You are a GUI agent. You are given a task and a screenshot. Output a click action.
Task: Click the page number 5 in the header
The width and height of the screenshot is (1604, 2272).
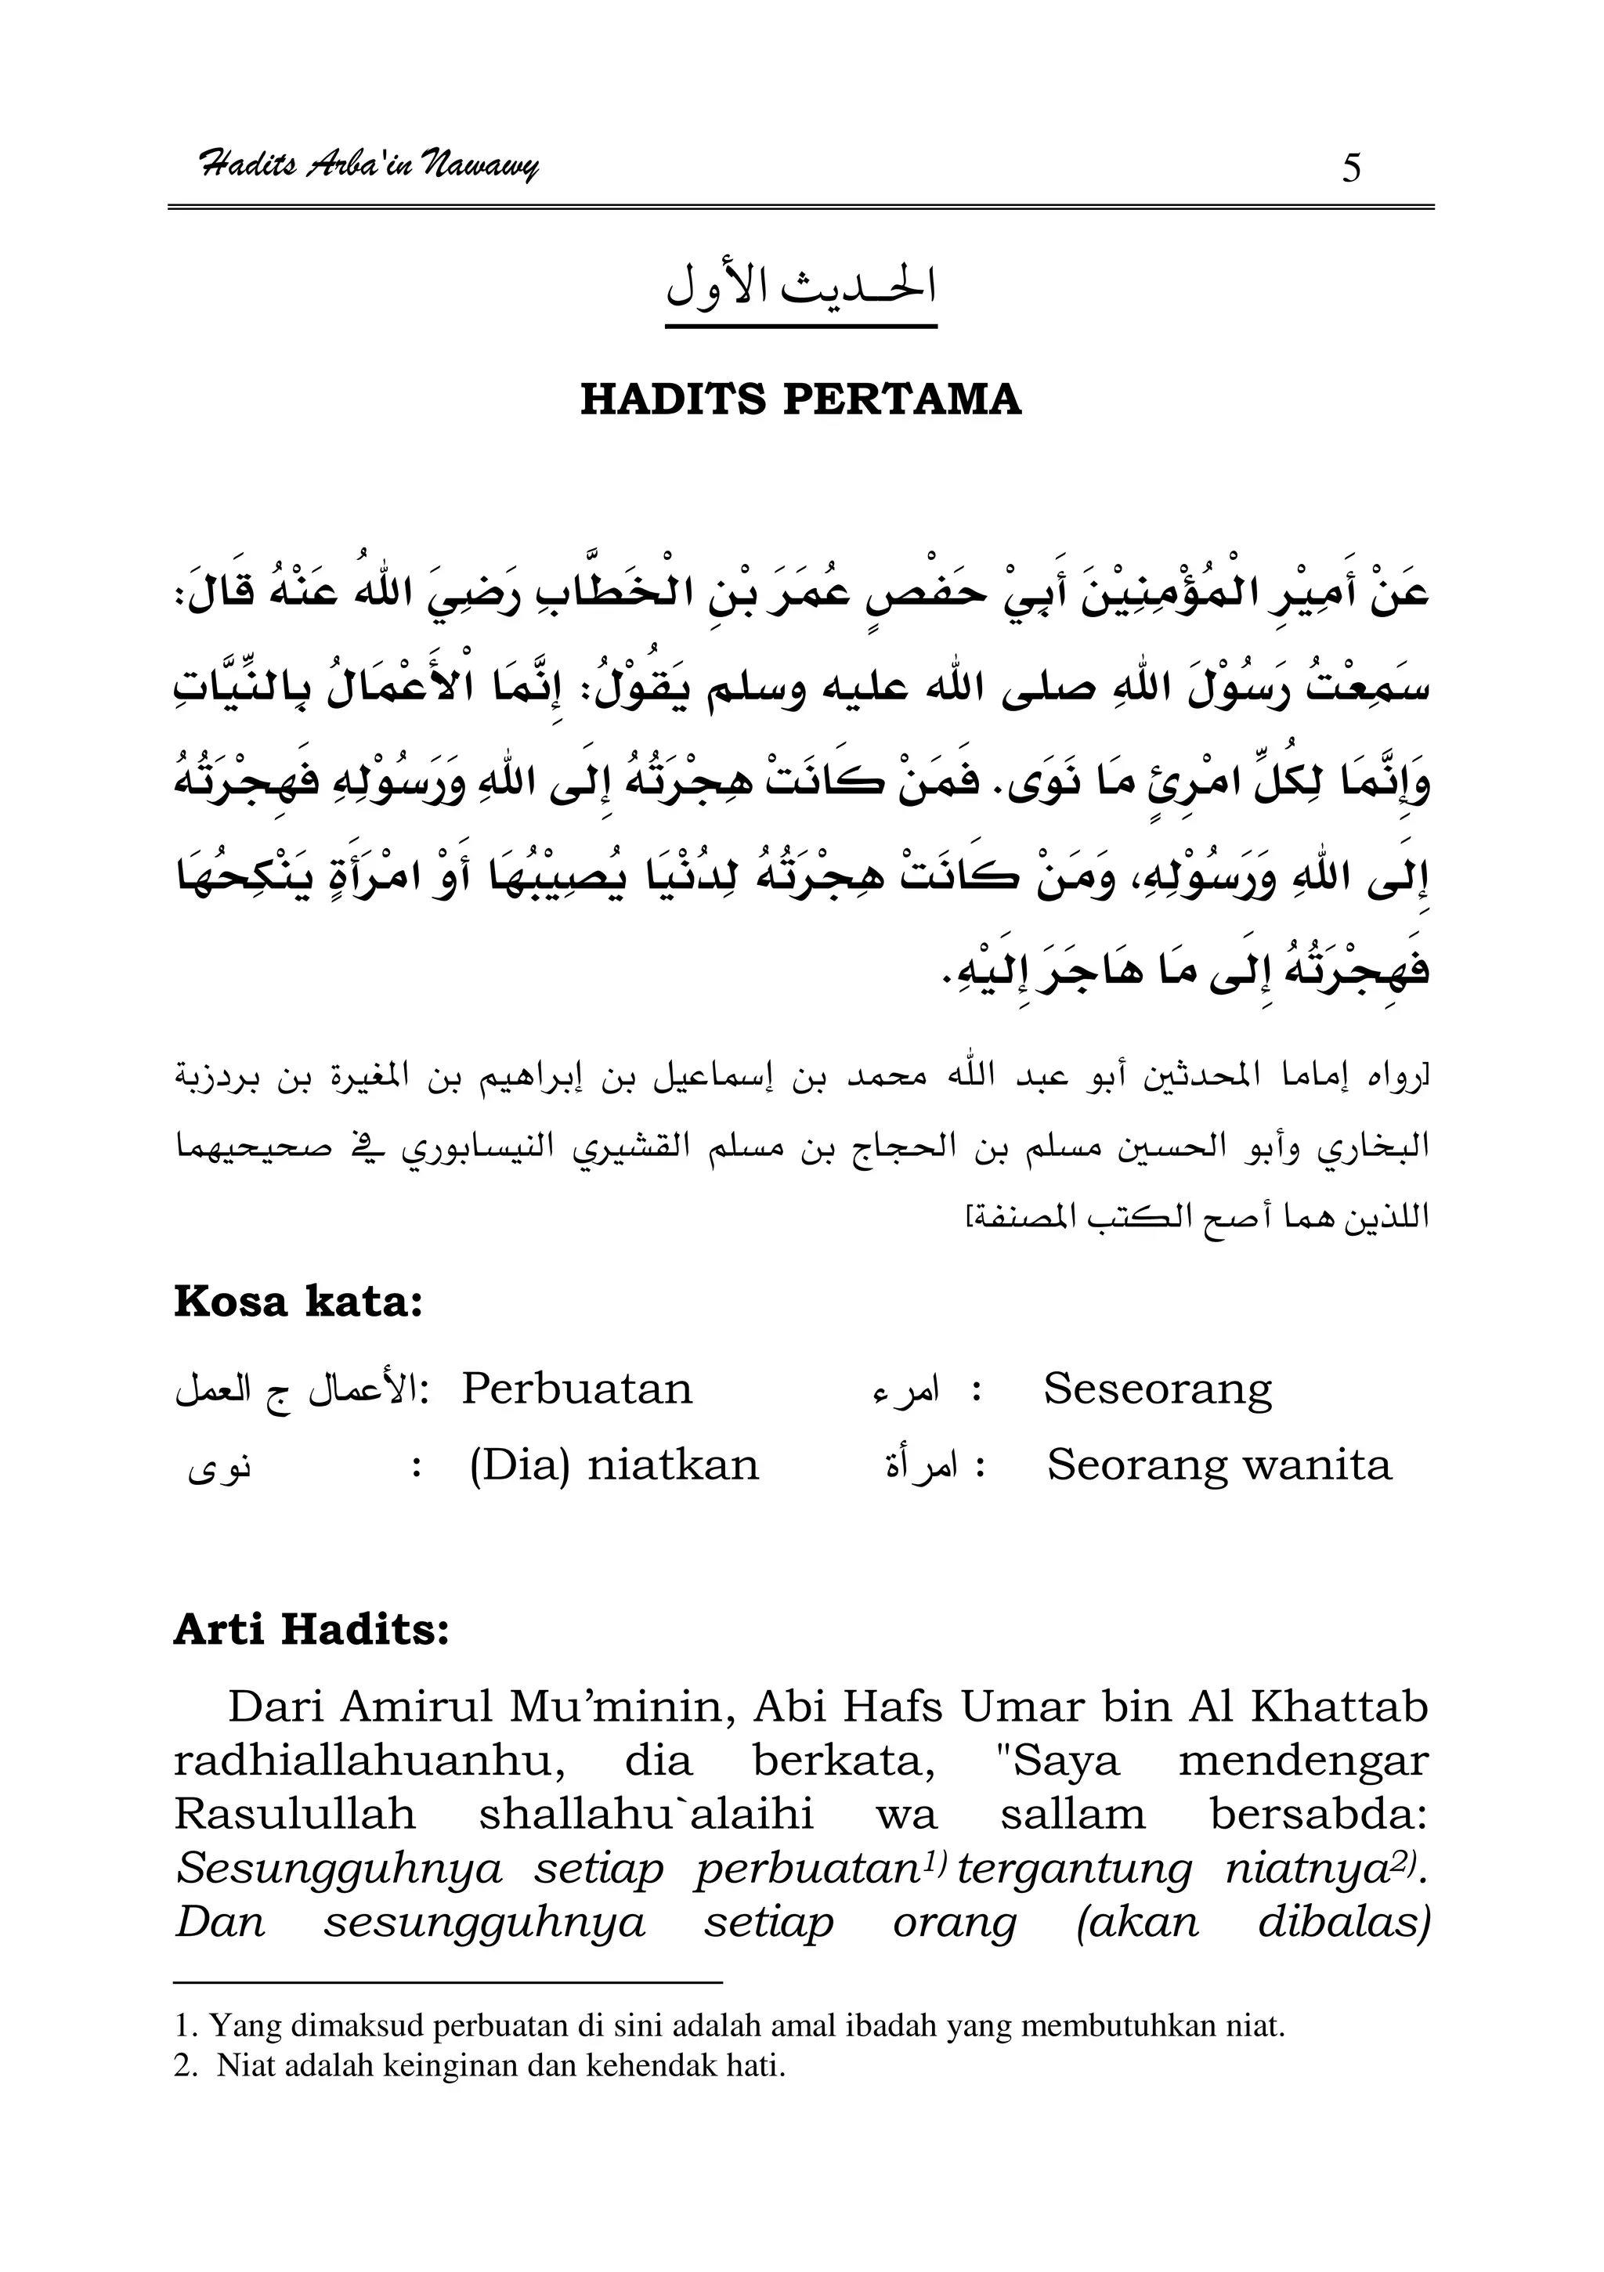click(1351, 168)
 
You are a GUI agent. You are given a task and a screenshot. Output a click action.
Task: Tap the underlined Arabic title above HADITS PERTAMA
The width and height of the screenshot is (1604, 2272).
click(800, 286)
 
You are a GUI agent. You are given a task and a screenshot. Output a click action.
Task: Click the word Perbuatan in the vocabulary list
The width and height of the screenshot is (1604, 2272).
click(577, 1389)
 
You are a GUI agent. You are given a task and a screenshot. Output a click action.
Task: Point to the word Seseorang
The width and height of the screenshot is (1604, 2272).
click(1157, 1390)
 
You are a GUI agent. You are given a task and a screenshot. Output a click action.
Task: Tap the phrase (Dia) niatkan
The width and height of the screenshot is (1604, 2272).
click(613, 1465)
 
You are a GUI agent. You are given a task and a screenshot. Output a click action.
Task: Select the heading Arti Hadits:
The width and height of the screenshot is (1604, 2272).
click(311, 1630)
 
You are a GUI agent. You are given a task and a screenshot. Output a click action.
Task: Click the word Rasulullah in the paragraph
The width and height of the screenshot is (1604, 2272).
click(294, 1815)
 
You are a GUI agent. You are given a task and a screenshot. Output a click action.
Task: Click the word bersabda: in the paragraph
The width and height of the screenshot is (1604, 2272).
click(1319, 1815)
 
